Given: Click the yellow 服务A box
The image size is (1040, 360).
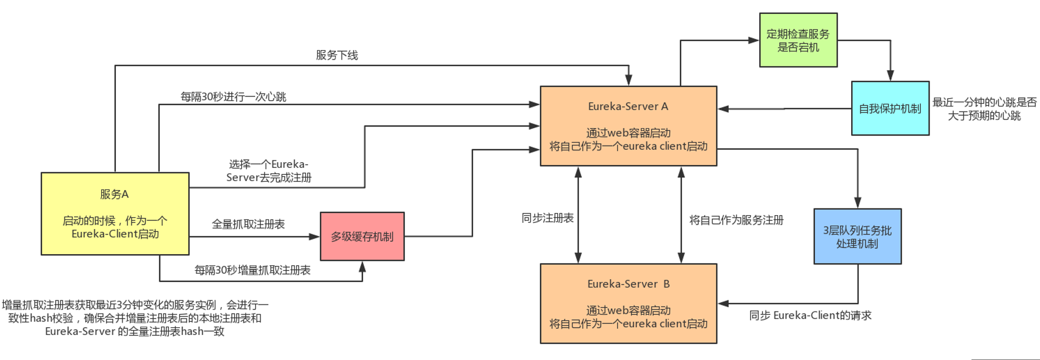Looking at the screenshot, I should (x=115, y=213).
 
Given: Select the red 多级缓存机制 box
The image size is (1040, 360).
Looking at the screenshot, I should (x=362, y=236).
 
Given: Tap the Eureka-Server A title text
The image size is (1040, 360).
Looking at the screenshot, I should (x=628, y=106).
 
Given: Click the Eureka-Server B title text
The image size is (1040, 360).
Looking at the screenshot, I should (x=628, y=284).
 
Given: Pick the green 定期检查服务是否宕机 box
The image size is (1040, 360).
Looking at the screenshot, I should (x=798, y=40).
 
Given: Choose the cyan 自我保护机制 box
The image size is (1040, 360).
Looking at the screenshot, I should (x=890, y=109).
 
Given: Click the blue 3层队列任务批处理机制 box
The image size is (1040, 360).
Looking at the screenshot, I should (x=857, y=236).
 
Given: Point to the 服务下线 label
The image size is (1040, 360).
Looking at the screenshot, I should (x=336, y=55).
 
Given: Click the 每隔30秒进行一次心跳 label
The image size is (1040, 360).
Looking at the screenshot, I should (x=233, y=97).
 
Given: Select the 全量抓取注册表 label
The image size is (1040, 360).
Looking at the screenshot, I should (x=248, y=224).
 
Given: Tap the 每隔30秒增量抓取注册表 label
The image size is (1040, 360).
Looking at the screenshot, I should (x=252, y=270).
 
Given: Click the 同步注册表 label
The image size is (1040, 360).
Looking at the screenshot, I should (x=547, y=218).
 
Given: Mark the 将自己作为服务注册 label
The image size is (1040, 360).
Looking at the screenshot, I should (x=736, y=220).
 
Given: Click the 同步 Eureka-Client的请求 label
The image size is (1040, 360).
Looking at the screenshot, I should (x=810, y=315).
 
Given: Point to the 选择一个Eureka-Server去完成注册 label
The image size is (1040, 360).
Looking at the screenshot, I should (x=268, y=171).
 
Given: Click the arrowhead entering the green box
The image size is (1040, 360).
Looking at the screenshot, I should (x=754, y=40).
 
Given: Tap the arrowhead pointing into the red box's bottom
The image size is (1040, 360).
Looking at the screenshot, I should (x=362, y=266).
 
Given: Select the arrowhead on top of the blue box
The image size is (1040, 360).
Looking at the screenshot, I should (x=857, y=203).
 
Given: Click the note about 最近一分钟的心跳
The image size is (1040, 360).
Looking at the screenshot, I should (x=984, y=109).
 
